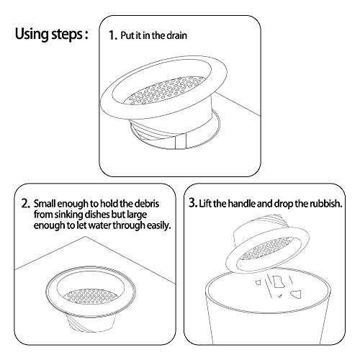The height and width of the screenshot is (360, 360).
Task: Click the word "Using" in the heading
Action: click(32, 34)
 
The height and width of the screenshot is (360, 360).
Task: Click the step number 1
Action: click(112, 35)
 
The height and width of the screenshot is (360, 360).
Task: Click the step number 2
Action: click(26, 204)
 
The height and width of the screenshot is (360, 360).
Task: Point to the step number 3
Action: click(193, 203)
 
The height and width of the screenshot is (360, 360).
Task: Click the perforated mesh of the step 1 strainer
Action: click(165, 91)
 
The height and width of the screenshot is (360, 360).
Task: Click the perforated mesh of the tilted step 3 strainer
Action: click(267, 249)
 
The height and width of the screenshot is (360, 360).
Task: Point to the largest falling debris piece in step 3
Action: click(278, 282)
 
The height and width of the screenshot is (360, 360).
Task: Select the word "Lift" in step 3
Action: click(205, 204)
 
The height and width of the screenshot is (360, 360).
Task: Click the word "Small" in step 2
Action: click(45, 204)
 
